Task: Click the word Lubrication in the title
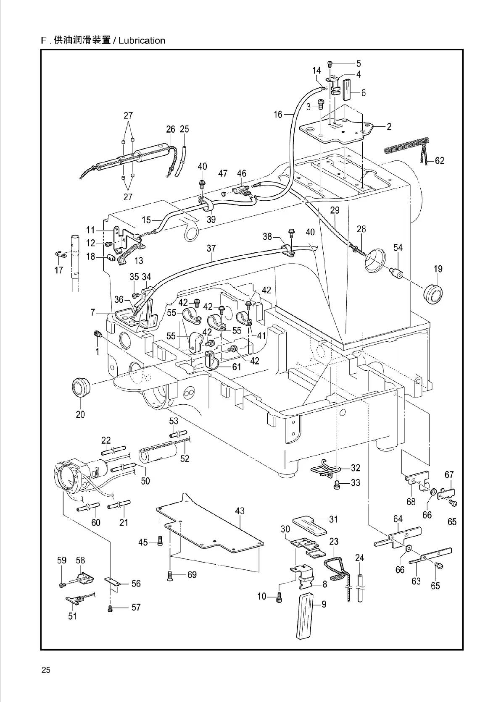pyautogui.click(x=142, y=40)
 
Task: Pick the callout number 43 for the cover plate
pyautogui.click(x=240, y=511)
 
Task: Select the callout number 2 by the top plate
pyautogui.click(x=389, y=126)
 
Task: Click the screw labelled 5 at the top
pyautogui.click(x=330, y=64)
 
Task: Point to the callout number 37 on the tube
pyautogui.click(x=211, y=249)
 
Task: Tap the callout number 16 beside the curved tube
pyautogui.click(x=278, y=114)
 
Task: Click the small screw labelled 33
pyautogui.click(x=336, y=486)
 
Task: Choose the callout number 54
pyautogui.click(x=398, y=248)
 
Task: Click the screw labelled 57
pyautogui.click(x=110, y=608)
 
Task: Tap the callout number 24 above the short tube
pyautogui.click(x=359, y=558)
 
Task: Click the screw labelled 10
pyautogui.click(x=279, y=597)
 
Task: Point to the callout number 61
pyautogui.click(x=237, y=367)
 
